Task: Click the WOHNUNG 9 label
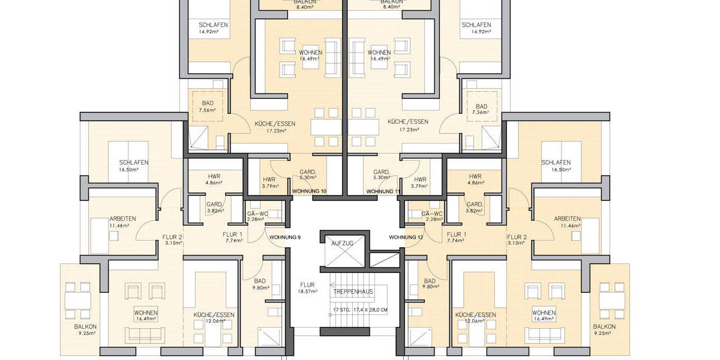[x=285, y=237]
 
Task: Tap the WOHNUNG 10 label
[x=309, y=191]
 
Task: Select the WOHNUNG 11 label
[x=383, y=191]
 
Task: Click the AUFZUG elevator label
[x=343, y=243]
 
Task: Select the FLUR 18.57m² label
[x=307, y=289]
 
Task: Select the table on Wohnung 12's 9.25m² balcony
[x=611, y=301]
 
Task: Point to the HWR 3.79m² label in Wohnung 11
[x=420, y=182]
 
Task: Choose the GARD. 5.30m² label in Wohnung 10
[x=308, y=174]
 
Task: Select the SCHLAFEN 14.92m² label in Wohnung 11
[x=476, y=28]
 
